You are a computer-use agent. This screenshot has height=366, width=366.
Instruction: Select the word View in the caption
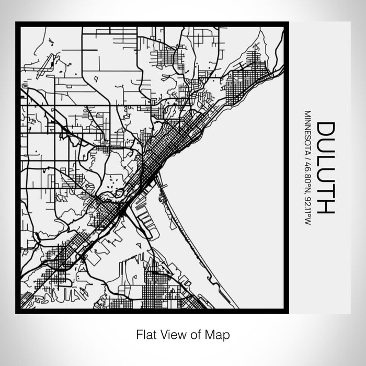[169, 334]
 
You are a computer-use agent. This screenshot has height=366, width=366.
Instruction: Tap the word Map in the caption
[219, 334]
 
